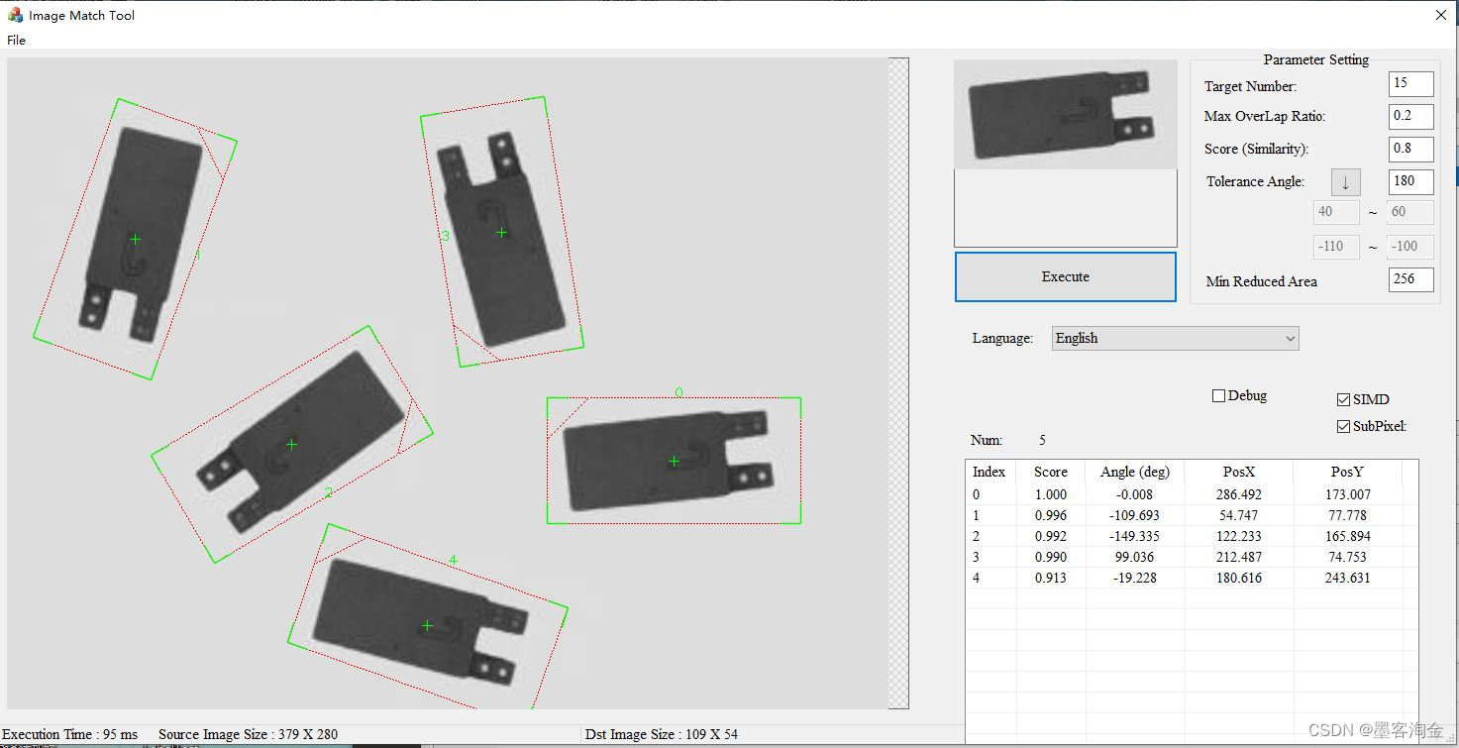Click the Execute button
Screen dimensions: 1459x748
[x=1065, y=277]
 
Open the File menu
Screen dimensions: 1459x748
[x=16, y=41]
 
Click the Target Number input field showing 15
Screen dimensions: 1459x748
[x=1410, y=84]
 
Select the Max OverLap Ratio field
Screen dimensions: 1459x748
[x=1410, y=117]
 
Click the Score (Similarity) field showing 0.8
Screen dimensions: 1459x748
[x=1410, y=150]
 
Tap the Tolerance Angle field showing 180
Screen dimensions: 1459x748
[x=1410, y=181]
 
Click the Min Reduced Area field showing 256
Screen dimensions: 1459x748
[x=1410, y=279]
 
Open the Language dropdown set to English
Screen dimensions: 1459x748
[x=1175, y=338]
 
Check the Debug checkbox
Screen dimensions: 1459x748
[x=1218, y=396]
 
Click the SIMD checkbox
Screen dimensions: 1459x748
[x=1343, y=399]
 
